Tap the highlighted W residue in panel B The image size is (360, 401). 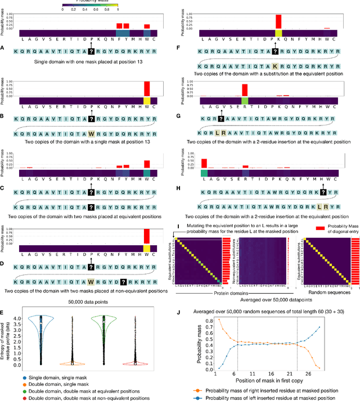click(91, 134)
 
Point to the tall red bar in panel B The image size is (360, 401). click(147, 88)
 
